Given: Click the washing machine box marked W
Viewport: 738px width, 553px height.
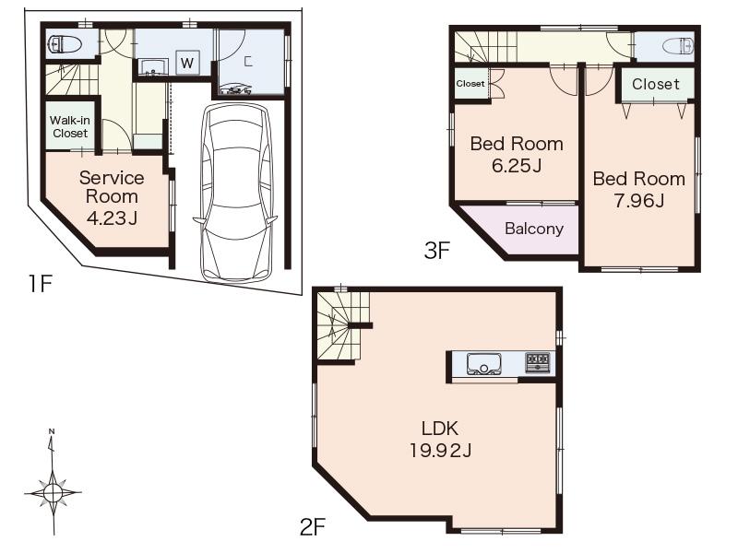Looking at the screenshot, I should [x=186, y=63].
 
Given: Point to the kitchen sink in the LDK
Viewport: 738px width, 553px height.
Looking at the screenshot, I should [x=484, y=364].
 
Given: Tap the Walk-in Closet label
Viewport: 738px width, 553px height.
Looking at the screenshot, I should [x=69, y=127].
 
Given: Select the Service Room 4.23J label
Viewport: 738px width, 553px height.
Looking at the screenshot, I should [x=112, y=197].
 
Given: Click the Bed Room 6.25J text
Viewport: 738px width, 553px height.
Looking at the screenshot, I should [x=517, y=155].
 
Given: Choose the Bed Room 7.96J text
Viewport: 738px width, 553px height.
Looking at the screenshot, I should [x=638, y=189].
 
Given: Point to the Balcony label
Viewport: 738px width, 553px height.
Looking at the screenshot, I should [x=533, y=229].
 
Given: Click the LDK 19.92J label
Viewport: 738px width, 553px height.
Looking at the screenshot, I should [x=440, y=439].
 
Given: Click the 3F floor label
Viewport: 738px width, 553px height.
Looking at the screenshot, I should [x=436, y=250].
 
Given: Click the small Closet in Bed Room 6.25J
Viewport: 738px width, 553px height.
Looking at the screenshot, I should [x=470, y=83].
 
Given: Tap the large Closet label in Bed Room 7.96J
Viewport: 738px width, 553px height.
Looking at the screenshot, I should [x=656, y=84].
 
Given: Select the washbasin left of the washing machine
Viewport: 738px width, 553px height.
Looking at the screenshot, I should [x=153, y=66].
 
